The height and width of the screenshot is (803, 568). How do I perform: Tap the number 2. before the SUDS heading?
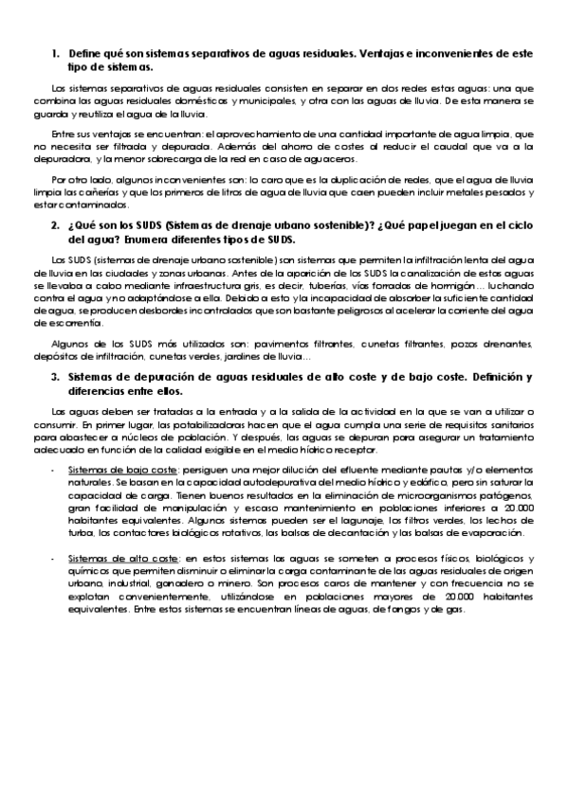point(55,227)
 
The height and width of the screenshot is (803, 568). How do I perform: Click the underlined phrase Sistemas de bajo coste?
point(123,471)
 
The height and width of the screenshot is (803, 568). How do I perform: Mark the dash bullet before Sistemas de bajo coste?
point(55,471)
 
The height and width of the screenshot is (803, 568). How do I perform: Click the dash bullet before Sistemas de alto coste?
point(55,559)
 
